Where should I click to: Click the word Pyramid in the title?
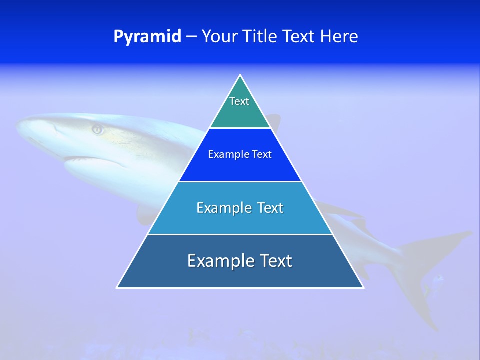[147, 37]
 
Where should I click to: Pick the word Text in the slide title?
[299, 37]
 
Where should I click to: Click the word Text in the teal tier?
[239, 101]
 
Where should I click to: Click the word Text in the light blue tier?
[270, 208]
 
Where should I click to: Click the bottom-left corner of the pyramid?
[117, 287]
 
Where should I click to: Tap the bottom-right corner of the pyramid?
[363, 287]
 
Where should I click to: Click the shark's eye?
[97, 130]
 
